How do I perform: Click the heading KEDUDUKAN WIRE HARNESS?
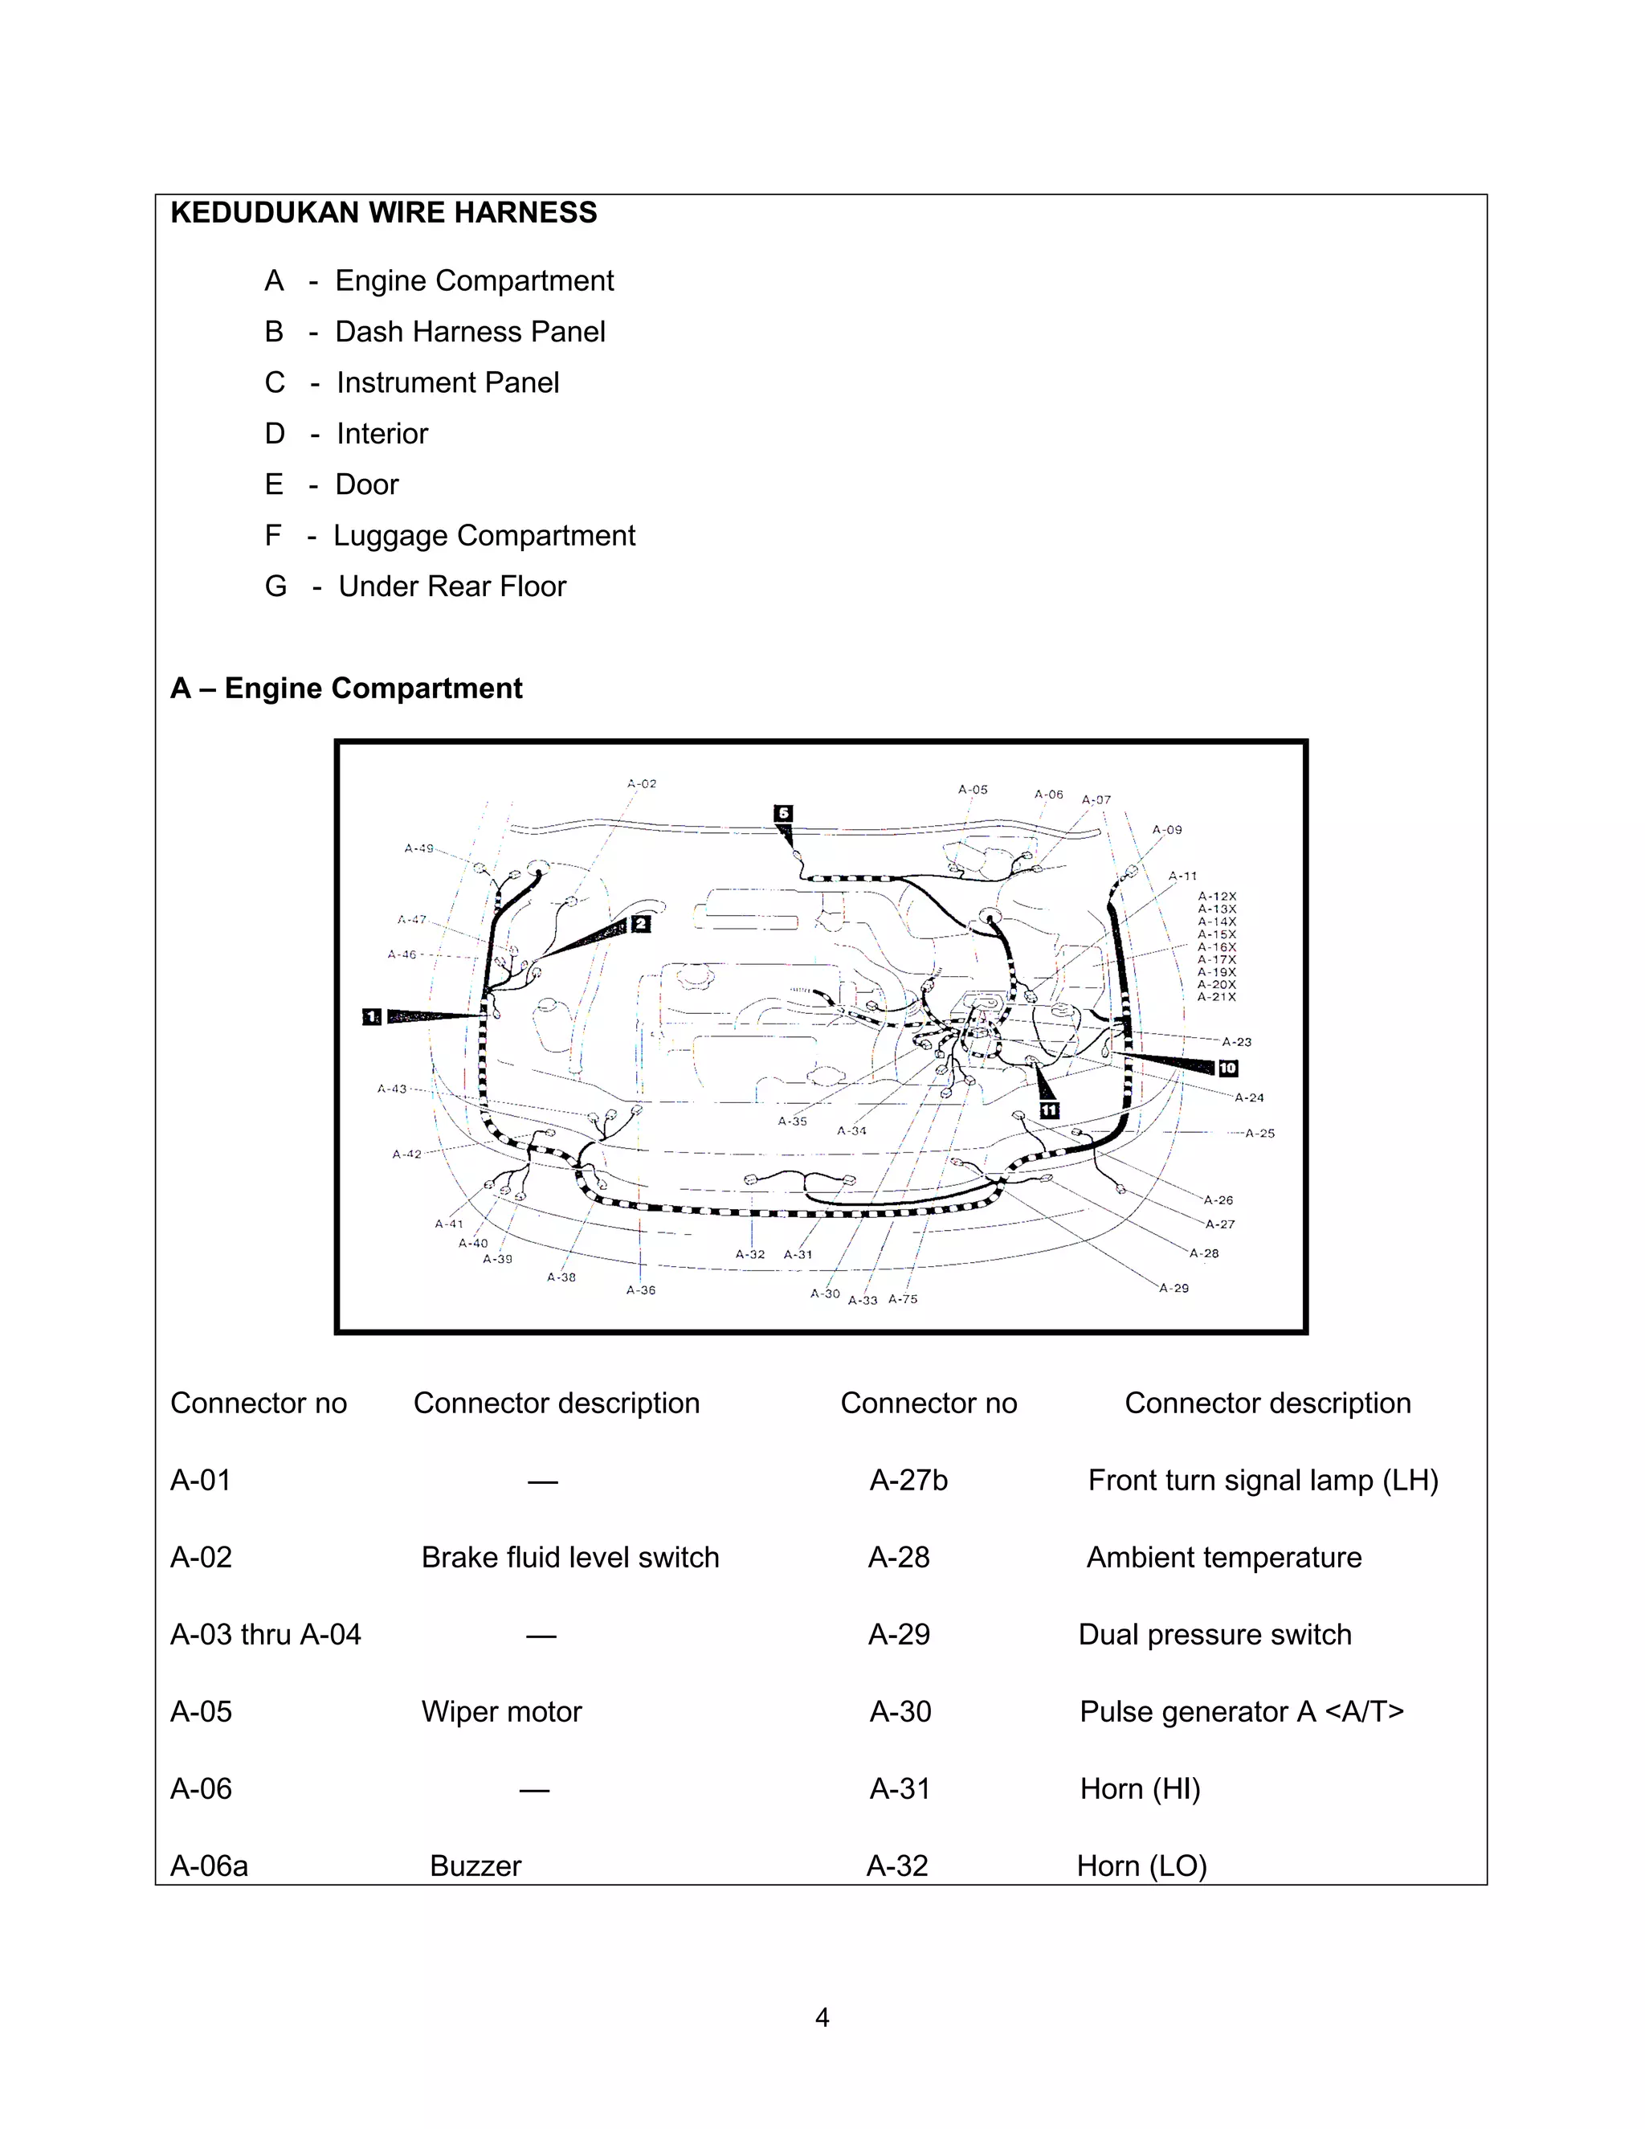(383, 213)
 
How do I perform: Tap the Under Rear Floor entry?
(451, 586)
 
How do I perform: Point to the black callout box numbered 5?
(782, 813)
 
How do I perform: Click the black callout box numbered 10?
(1228, 1069)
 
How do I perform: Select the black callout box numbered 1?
(371, 1017)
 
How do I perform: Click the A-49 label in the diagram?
(419, 848)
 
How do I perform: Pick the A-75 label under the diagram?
(902, 1298)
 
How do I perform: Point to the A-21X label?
(1217, 997)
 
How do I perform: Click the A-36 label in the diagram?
(640, 1289)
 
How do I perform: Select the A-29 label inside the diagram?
(1174, 1288)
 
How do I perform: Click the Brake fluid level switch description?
(570, 1557)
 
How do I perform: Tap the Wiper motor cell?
(501, 1710)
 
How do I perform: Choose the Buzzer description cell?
(476, 1865)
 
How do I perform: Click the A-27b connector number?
(908, 1480)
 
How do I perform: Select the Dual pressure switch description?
(1214, 1634)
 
